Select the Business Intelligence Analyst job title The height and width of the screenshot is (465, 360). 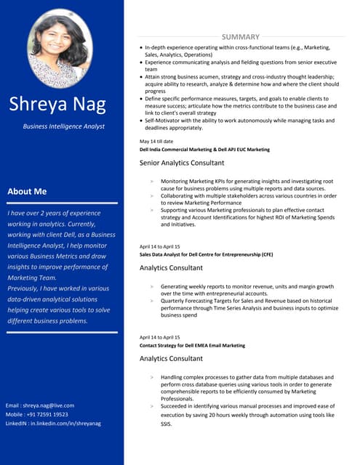pos(63,126)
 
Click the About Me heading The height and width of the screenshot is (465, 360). pos(27,191)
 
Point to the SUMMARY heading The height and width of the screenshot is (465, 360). pos(240,36)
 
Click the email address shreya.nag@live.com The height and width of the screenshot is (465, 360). pos(39,405)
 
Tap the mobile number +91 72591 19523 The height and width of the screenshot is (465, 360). pos(36,414)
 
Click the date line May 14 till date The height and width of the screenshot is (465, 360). pos(156,141)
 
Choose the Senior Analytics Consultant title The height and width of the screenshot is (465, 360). pos(182,163)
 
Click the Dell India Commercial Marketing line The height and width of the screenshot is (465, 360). pos(204,150)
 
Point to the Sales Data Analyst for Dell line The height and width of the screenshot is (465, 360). pos(206,255)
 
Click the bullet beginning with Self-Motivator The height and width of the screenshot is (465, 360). pos(240,124)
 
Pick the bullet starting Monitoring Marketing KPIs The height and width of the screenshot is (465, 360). pos(247,185)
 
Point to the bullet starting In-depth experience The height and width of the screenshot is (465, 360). pos(240,50)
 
